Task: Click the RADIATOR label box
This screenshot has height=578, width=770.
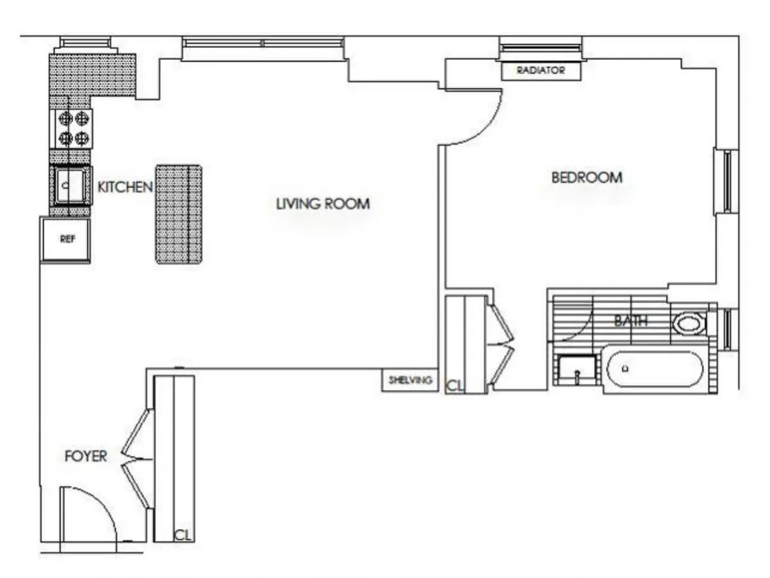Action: coord(541,71)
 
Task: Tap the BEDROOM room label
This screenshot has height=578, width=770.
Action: coord(586,177)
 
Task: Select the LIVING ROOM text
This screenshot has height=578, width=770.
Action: coord(322,204)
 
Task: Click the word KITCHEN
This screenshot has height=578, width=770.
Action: coord(125,187)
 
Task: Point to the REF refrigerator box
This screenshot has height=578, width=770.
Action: coord(66,240)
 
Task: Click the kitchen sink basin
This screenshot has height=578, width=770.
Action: coord(70,185)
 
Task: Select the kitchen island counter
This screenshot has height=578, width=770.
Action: coord(179,214)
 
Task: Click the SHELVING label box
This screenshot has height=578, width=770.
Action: coord(410,380)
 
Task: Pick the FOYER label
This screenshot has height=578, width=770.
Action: coord(85,457)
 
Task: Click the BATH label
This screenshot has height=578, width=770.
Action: coord(630,320)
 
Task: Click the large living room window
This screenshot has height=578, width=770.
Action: coord(263,44)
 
